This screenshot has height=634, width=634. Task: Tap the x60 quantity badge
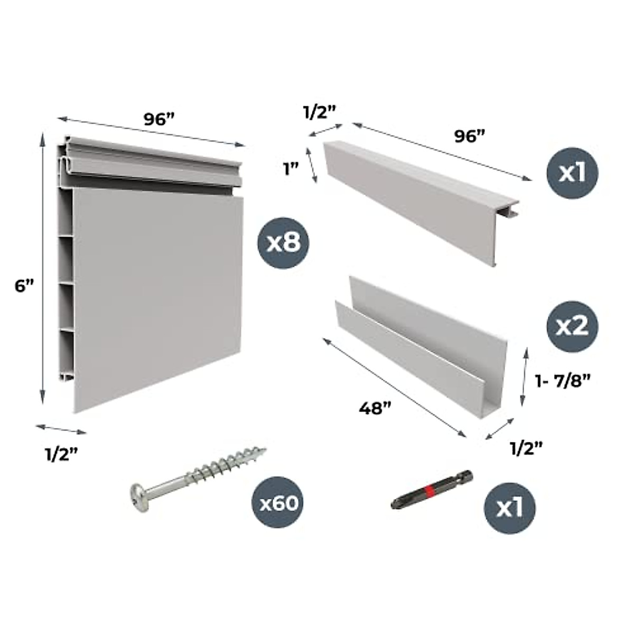(x=278, y=503)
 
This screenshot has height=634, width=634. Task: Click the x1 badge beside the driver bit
(x=510, y=508)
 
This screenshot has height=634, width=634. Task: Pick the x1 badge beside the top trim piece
(x=573, y=172)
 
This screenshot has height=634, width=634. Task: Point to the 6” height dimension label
(x=24, y=286)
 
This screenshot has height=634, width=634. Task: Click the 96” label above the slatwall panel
(x=158, y=119)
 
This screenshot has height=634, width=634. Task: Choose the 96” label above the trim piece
(x=470, y=136)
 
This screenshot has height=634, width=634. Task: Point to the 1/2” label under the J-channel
(x=526, y=448)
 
